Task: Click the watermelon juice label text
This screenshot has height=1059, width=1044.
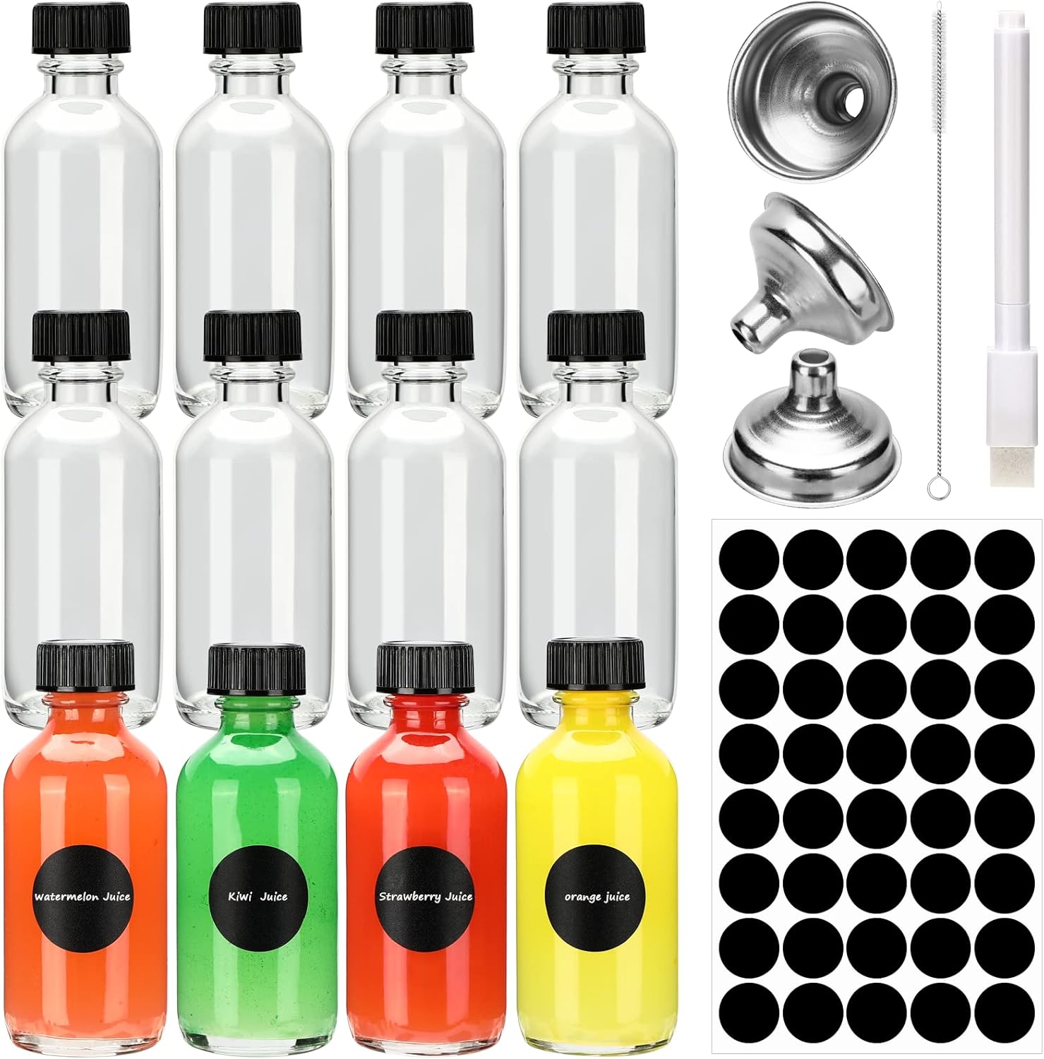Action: click(83, 897)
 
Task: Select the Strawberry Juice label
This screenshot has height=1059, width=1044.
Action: click(425, 897)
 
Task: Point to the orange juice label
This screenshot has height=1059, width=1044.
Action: click(596, 897)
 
